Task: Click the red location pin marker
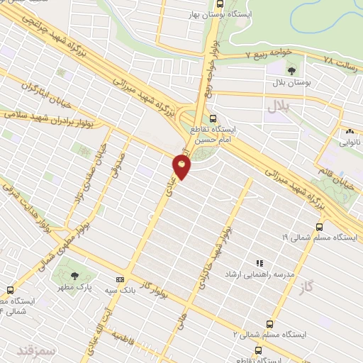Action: pos(182,167)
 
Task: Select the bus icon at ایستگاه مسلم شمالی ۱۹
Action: pos(319,227)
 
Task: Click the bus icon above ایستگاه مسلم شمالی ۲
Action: pos(268,322)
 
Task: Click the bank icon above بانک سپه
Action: pos(120,279)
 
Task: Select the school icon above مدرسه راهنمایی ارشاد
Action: pos(259,263)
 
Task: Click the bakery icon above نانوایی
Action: pos(349,131)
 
